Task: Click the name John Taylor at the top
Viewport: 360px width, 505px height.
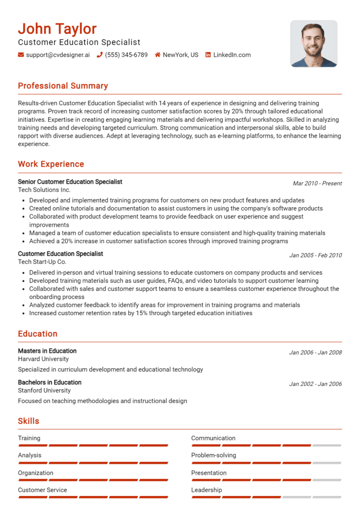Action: point(57,29)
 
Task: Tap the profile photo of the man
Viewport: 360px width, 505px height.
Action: point(314,44)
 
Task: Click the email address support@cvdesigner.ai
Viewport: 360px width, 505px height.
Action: point(58,55)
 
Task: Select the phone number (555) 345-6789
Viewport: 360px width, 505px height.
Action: point(126,55)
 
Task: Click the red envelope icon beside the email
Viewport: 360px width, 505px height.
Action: point(21,55)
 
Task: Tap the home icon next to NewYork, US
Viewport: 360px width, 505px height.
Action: point(158,55)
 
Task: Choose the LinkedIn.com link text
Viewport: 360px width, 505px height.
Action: point(232,55)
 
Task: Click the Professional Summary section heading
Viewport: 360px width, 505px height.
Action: point(63,86)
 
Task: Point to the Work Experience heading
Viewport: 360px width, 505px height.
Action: point(51,164)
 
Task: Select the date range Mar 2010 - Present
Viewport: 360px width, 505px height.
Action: point(317,183)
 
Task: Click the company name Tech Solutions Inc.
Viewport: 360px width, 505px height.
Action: point(44,190)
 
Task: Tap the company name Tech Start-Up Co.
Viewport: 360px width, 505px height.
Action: point(42,262)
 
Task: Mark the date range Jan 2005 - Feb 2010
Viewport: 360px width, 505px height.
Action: point(315,255)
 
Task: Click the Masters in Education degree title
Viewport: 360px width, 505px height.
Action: point(47,351)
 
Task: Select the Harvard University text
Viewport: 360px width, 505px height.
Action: point(43,359)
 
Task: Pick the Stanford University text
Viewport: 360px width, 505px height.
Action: point(44,390)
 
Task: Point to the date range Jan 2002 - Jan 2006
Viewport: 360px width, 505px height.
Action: point(315,384)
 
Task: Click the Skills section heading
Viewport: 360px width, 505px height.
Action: point(29,421)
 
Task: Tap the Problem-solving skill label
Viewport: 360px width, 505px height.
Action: point(213,455)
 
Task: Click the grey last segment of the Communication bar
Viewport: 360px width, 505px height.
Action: point(327,446)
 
